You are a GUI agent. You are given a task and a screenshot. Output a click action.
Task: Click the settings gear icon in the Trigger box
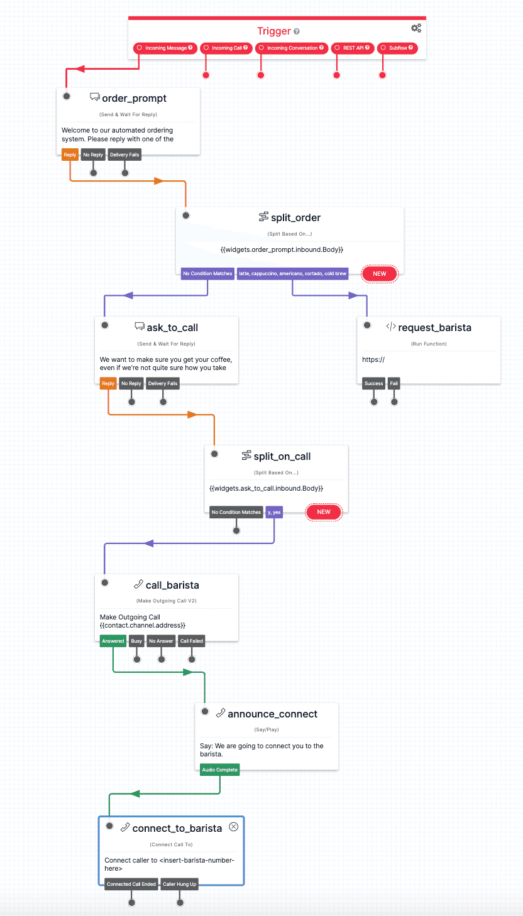click(416, 28)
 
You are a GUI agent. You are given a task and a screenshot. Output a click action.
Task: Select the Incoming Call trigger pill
click(226, 48)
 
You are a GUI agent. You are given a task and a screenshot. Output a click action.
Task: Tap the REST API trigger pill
click(353, 48)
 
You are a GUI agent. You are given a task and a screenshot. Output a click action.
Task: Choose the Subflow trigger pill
click(398, 48)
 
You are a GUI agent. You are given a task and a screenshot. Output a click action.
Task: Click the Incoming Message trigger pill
click(166, 48)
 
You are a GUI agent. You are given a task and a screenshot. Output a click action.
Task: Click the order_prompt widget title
click(134, 98)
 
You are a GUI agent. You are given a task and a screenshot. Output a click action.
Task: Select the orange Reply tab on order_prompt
click(70, 155)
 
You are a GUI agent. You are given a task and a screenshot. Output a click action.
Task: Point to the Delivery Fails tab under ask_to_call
click(163, 384)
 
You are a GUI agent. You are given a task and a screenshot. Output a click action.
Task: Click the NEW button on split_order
click(379, 274)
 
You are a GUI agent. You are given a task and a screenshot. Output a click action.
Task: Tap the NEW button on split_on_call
click(324, 512)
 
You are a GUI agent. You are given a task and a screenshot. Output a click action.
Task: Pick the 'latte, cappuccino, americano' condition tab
click(292, 274)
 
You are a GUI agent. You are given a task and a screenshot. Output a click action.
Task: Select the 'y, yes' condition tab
click(274, 513)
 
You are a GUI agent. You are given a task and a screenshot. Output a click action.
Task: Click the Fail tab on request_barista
click(394, 384)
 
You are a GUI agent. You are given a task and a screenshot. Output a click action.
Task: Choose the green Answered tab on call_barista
click(113, 641)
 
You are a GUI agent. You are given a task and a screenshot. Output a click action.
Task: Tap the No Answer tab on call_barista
click(161, 641)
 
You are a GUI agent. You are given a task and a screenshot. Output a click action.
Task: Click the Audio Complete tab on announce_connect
click(220, 770)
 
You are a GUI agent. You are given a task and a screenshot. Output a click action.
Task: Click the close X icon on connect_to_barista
click(233, 827)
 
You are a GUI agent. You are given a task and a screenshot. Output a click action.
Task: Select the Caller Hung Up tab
click(180, 885)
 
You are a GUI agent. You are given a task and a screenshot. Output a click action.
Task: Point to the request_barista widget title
click(434, 327)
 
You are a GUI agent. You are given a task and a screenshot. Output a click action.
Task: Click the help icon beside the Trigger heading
click(297, 31)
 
